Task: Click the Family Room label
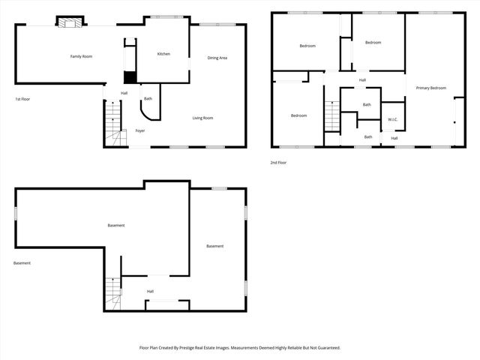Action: (x=81, y=56)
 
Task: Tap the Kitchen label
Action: (x=163, y=54)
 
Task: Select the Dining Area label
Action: (x=217, y=58)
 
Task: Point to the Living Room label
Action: (x=202, y=118)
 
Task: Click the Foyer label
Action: (x=140, y=131)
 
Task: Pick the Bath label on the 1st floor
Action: (x=148, y=99)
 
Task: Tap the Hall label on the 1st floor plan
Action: (x=124, y=93)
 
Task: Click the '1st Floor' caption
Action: (x=22, y=99)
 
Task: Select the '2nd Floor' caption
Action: (x=279, y=162)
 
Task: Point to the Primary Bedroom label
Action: (x=431, y=88)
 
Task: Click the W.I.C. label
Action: (x=393, y=120)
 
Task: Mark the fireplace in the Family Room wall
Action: (x=71, y=22)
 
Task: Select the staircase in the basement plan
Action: (x=112, y=292)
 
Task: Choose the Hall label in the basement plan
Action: (x=150, y=291)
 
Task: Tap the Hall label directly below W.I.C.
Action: (x=394, y=138)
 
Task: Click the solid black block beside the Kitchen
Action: (x=130, y=76)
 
